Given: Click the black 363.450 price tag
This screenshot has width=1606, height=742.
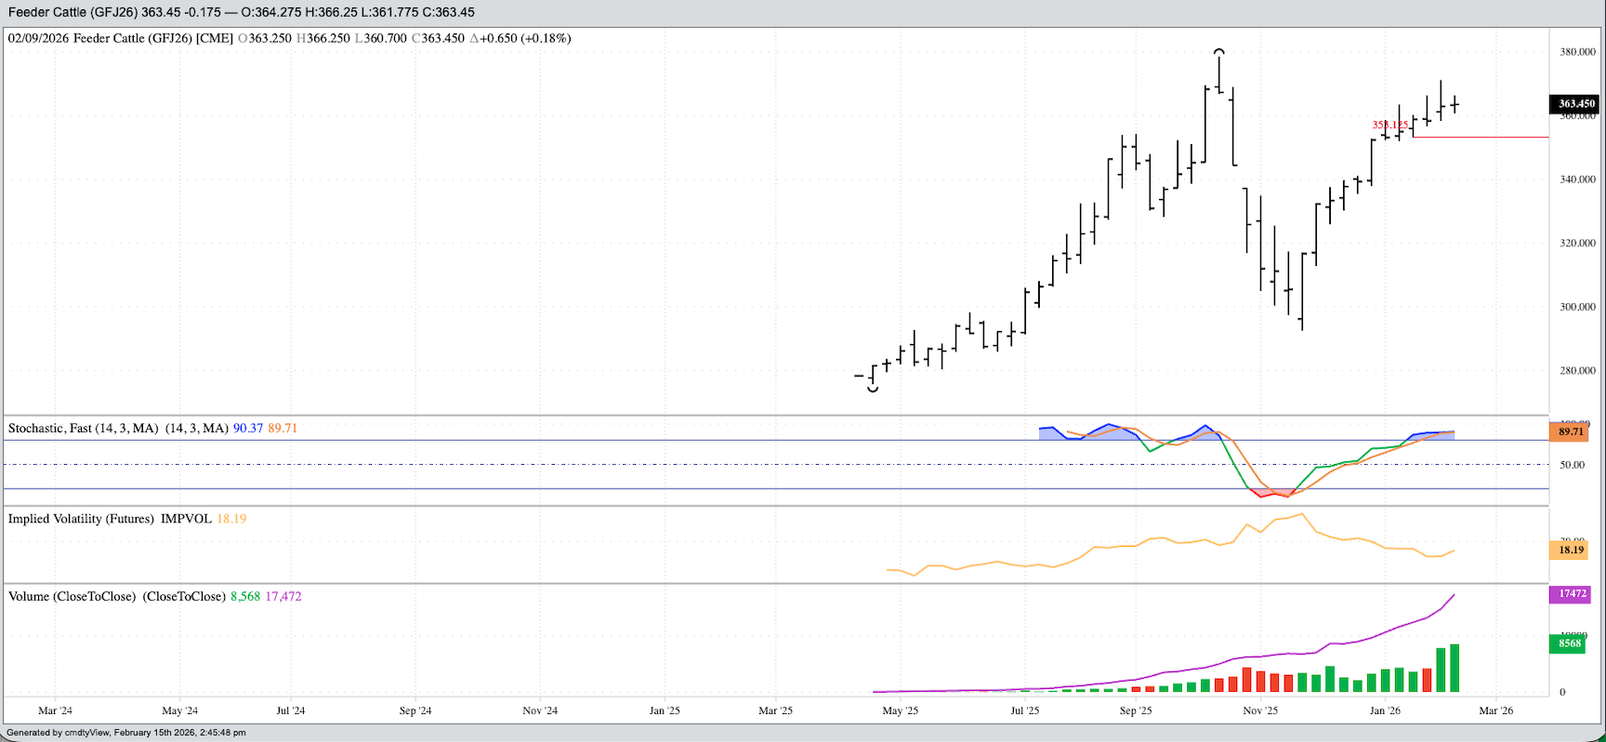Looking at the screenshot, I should [x=1576, y=104].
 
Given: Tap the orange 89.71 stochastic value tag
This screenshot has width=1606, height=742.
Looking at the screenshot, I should [x=1571, y=431].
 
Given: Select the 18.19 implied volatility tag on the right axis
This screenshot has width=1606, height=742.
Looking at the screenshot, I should [x=1571, y=550].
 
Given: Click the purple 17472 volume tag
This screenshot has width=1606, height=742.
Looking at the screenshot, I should [x=1571, y=594].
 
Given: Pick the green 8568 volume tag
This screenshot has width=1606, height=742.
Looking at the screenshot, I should [x=1570, y=643].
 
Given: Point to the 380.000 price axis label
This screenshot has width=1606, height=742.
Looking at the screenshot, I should [x=1577, y=52].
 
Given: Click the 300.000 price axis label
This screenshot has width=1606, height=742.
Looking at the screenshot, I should [x=1577, y=307].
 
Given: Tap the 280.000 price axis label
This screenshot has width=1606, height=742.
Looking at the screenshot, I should [x=1577, y=371].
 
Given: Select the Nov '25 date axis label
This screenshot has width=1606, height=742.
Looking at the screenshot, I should [x=1260, y=711].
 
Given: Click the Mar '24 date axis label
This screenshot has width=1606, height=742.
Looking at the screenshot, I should [x=55, y=711].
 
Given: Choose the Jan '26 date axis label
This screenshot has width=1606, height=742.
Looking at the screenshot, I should [x=1385, y=711].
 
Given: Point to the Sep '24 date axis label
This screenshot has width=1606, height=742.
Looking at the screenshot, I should [x=415, y=711].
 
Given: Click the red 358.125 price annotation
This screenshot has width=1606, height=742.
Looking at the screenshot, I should [x=1390, y=125].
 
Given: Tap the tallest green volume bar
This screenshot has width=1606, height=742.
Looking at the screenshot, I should [x=1455, y=668].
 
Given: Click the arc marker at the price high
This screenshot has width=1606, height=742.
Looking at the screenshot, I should [x=1218, y=52].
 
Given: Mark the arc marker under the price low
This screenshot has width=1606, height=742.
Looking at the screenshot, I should [x=873, y=390].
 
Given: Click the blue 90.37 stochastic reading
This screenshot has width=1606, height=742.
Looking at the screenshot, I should [x=247, y=429].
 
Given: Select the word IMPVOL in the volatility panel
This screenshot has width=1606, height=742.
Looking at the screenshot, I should [x=186, y=519].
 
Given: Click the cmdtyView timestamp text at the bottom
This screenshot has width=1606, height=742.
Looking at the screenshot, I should [x=126, y=733].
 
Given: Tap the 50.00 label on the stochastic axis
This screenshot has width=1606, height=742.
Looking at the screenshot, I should [x=1572, y=465].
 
